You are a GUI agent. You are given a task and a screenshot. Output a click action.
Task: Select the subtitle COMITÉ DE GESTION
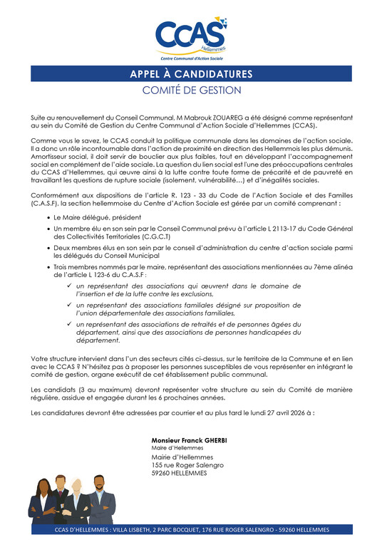click(192, 90)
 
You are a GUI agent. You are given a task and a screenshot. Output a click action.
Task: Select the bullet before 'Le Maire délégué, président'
click(48, 214)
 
